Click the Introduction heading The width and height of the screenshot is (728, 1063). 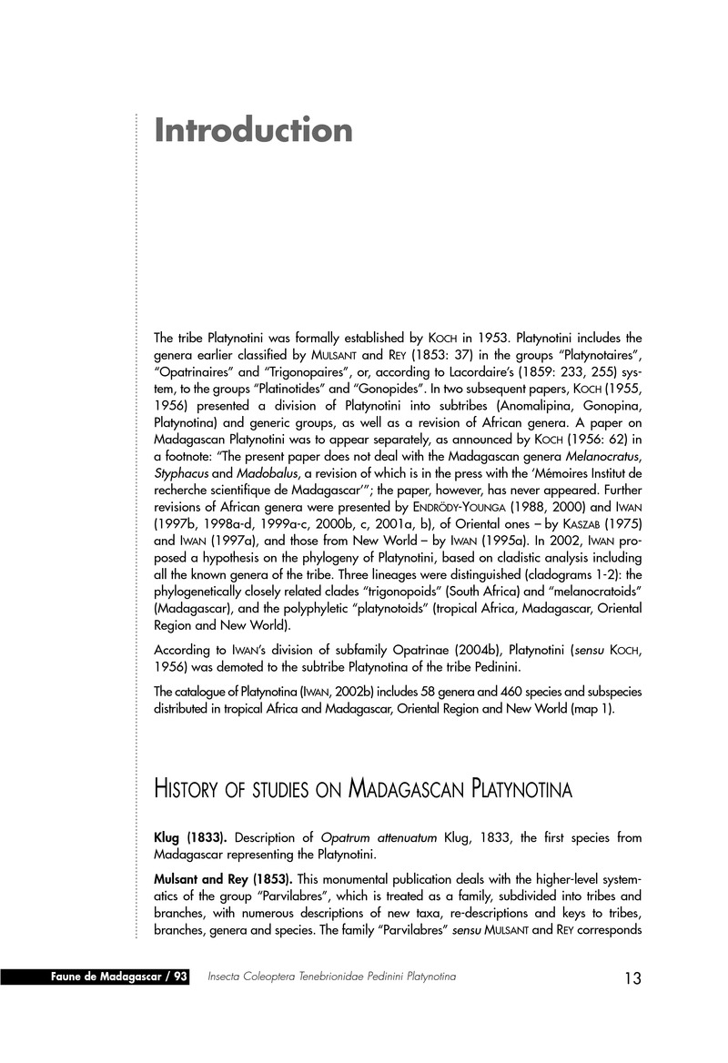(x=253, y=130)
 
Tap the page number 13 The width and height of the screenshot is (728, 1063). (x=632, y=978)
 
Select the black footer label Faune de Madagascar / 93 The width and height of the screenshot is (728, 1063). (x=119, y=977)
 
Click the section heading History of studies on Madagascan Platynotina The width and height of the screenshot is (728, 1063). (x=363, y=788)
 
